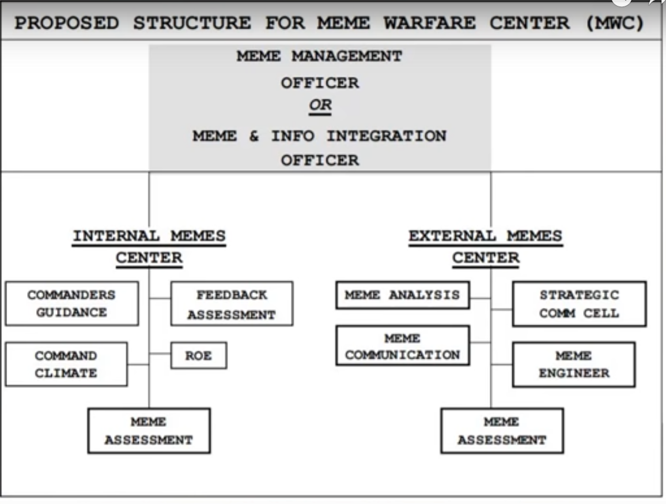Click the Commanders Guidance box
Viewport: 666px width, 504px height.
click(72, 303)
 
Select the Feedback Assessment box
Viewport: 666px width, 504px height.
click(232, 304)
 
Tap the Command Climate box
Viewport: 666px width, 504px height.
click(66, 364)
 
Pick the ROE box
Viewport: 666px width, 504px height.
click(199, 355)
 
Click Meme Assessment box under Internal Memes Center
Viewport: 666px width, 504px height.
click(149, 431)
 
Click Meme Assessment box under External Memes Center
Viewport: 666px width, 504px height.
click(502, 431)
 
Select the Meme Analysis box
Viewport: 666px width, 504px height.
click(403, 295)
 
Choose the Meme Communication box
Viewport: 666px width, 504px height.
click(403, 346)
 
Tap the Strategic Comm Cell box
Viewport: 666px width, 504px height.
click(580, 304)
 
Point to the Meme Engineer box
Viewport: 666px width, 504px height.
click(574, 364)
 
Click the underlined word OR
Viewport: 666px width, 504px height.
click(320, 104)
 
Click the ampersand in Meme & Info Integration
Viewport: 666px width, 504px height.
click(254, 136)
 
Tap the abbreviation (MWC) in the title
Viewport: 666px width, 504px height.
click(615, 23)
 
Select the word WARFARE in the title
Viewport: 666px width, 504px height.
click(429, 23)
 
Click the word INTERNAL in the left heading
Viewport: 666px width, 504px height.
click(116, 236)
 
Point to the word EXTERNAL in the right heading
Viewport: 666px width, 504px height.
click(452, 236)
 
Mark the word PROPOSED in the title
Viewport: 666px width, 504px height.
click(67, 23)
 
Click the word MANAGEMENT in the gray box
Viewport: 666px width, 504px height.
click(347, 56)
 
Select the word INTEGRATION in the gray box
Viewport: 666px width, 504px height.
click(387, 136)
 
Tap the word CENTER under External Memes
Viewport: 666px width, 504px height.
click(486, 258)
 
